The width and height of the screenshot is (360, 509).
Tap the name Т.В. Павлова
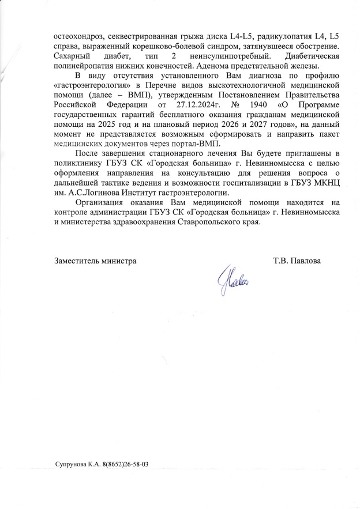(297, 261)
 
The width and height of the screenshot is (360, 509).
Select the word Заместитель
(76, 261)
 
